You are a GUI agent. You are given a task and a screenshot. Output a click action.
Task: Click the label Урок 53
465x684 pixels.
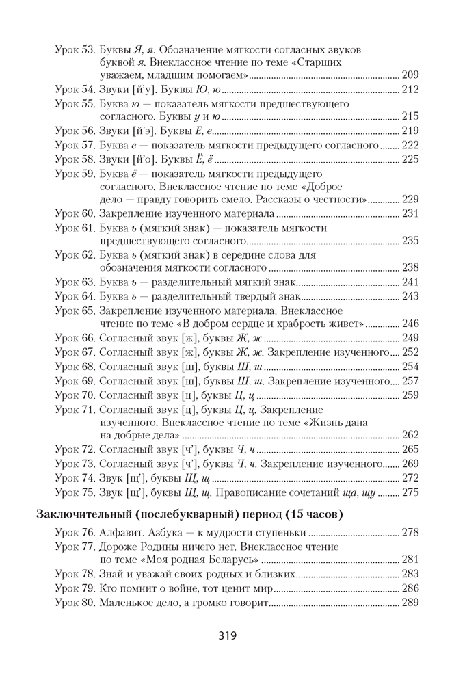point(75,50)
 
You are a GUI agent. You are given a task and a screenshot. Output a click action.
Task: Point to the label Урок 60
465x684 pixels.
point(75,214)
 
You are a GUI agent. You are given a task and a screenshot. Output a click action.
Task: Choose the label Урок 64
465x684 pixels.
point(75,295)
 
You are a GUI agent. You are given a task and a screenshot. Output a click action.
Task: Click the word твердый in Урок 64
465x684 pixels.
point(235,295)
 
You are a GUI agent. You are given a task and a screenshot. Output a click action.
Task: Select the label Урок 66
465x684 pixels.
point(75,338)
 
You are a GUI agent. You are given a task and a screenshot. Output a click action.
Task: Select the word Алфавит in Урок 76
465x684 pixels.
point(122,531)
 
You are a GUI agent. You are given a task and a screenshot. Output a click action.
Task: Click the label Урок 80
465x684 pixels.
point(75,603)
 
